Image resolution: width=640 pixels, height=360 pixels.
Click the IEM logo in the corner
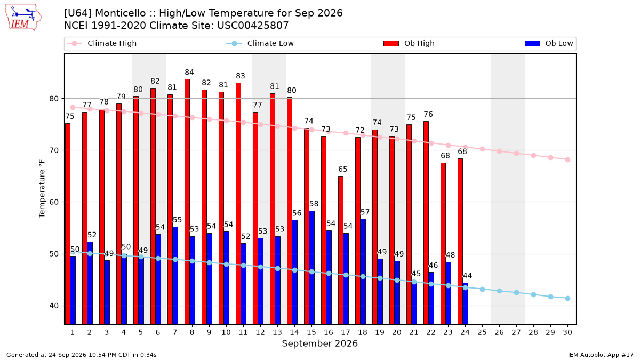point(23,18)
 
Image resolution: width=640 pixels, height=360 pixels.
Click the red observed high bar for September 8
point(187,202)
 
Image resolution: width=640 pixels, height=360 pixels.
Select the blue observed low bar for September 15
point(311,267)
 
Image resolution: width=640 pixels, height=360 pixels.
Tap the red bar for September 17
point(341,250)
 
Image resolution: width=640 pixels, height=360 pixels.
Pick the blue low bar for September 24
point(466,303)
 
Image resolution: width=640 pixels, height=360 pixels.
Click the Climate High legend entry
point(101,43)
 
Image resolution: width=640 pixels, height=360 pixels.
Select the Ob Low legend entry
point(549,43)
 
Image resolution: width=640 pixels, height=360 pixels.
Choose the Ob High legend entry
point(409,43)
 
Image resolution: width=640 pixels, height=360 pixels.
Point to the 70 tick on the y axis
point(54,150)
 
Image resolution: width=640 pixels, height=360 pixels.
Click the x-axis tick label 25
point(482,332)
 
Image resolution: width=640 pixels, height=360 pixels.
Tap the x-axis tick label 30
point(567,332)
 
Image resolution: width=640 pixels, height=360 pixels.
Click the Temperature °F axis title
point(42,189)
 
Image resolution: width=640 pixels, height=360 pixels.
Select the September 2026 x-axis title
point(319,343)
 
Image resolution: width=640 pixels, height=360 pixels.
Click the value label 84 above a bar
point(189,73)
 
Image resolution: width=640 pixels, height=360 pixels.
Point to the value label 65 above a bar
point(343,169)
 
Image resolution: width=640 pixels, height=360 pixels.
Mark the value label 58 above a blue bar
point(314,204)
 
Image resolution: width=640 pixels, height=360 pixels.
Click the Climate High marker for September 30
point(567,159)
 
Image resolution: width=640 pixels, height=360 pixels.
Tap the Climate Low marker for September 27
point(517,293)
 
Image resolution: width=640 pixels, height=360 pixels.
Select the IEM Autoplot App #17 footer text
point(601,355)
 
